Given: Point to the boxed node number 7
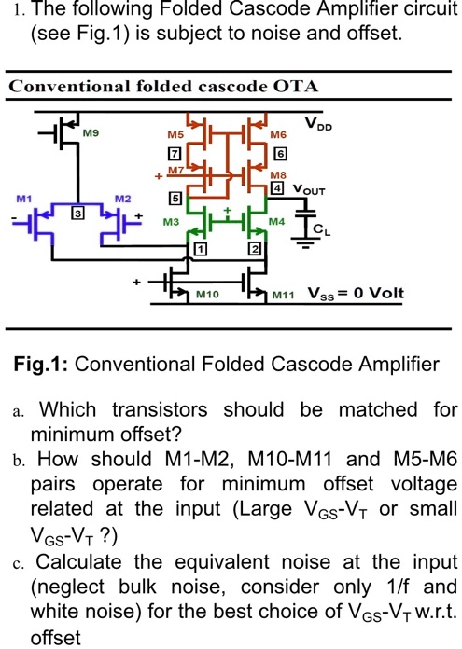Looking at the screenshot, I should pyautogui.click(x=199, y=153).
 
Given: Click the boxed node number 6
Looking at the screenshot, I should pyautogui.click(x=279, y=153).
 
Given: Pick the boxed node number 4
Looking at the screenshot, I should pyautogui.click(x=275, y=188).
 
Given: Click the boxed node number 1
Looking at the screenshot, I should pyautogui.click(x=198, y=247).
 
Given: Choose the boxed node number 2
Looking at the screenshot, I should pyautogui.click(x=253, y=247).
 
